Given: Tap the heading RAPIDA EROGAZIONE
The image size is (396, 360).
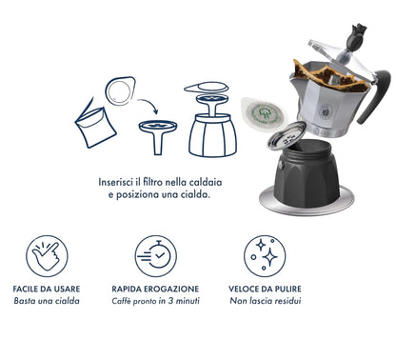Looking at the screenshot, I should (x=155, y=288).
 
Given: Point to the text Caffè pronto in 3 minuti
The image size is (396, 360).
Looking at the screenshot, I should (x=155, y=301).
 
